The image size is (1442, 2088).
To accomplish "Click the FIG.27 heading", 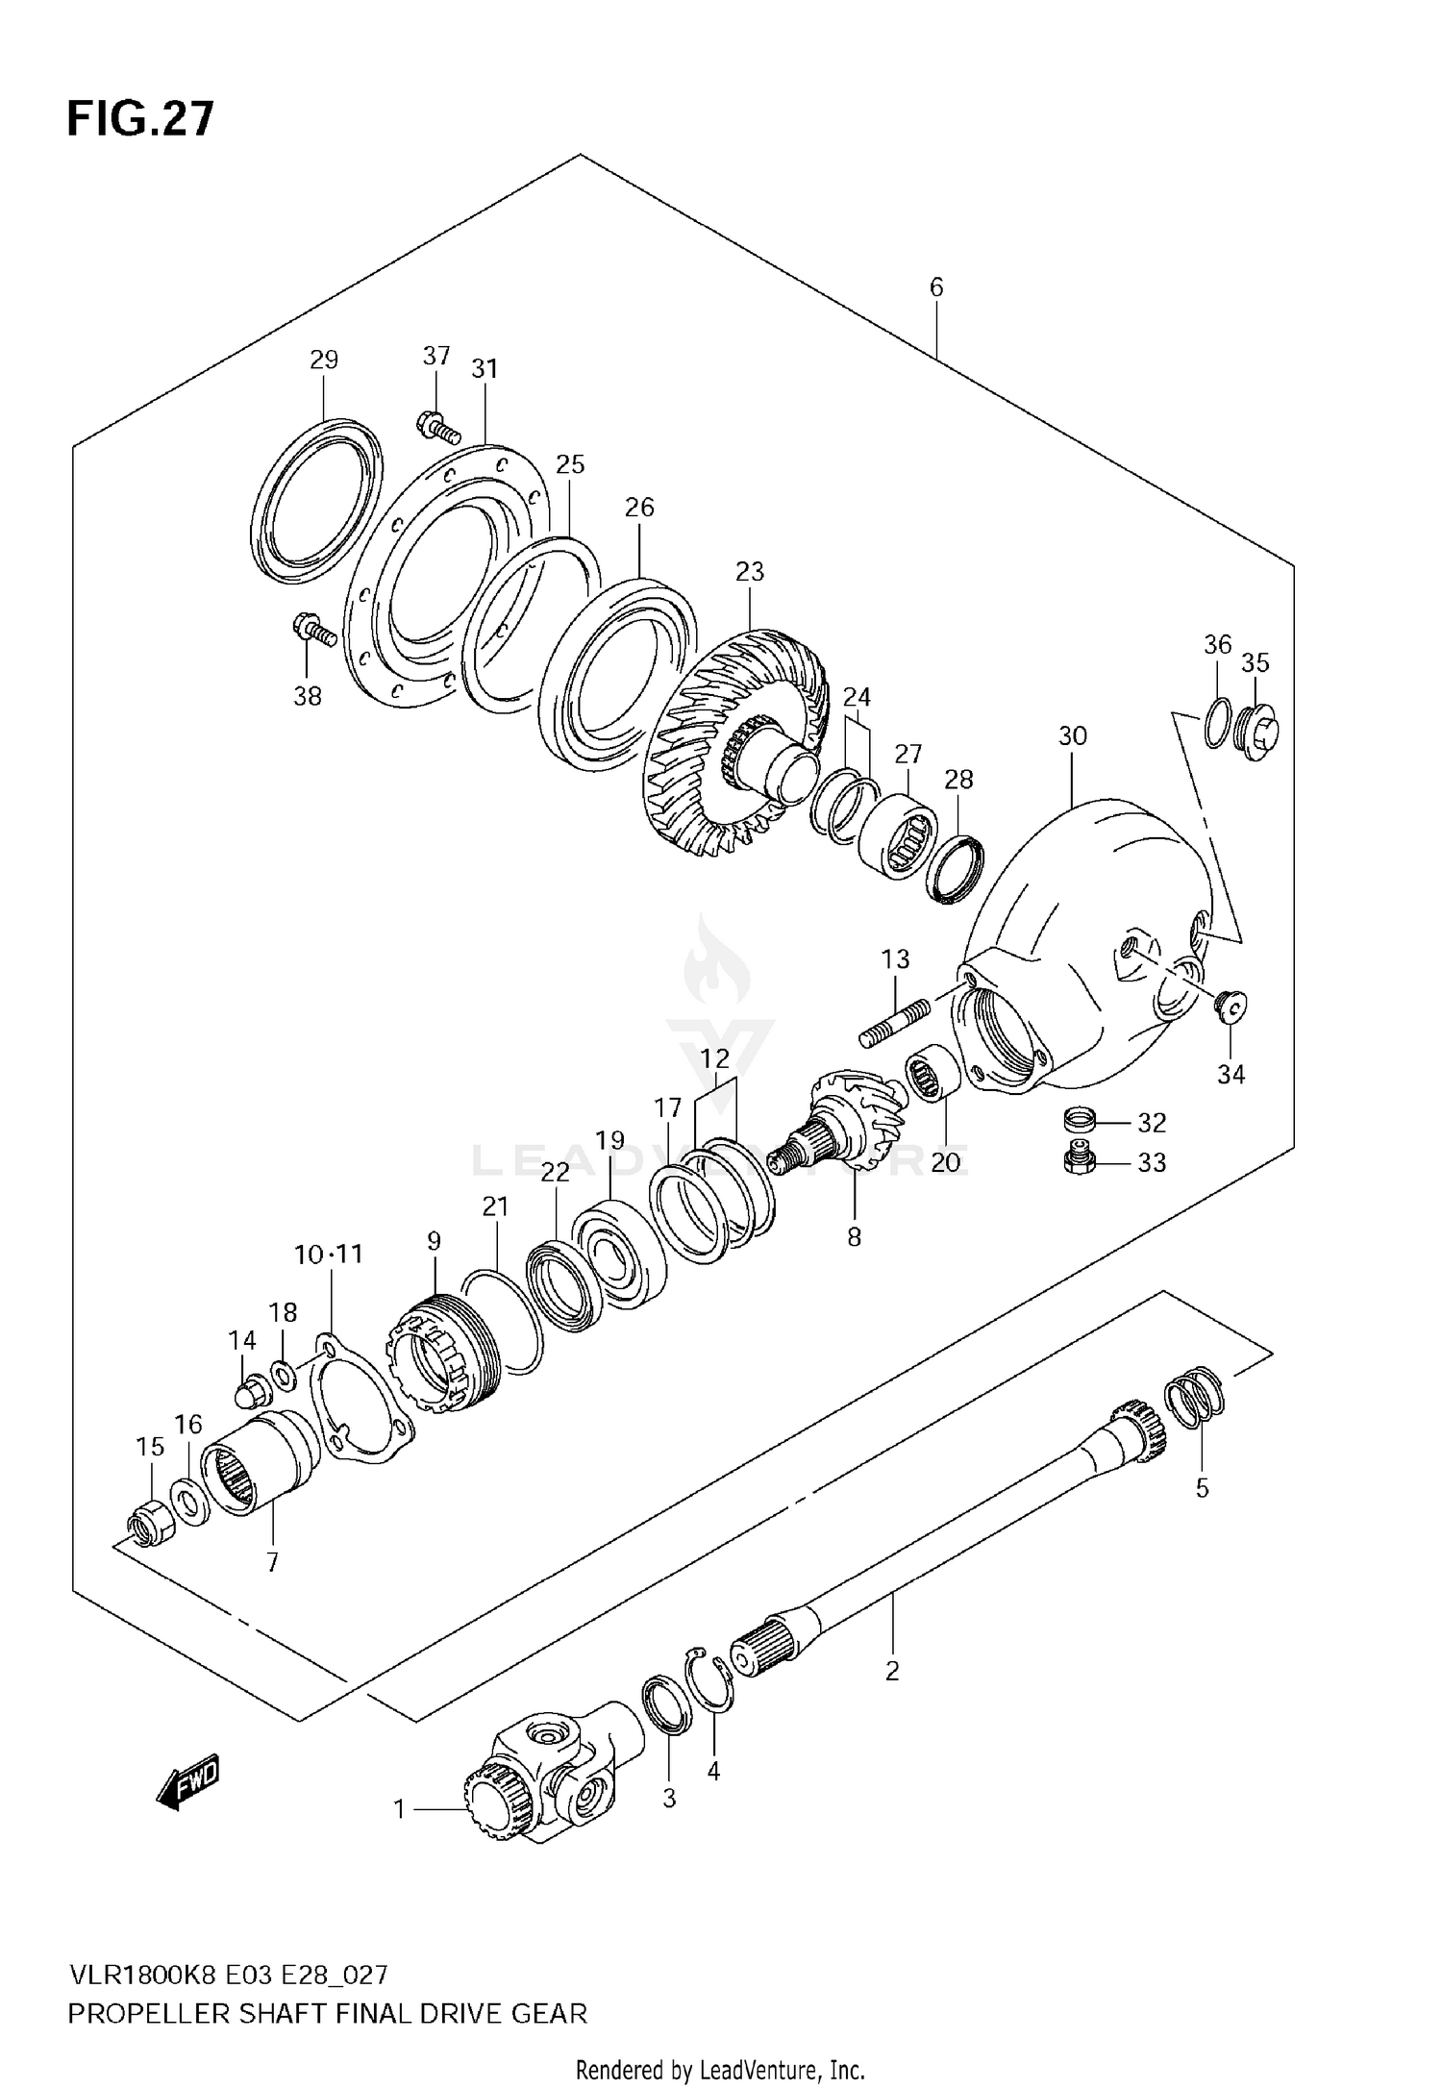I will pos(140,120).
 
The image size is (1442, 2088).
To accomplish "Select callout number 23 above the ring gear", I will pos(749,571).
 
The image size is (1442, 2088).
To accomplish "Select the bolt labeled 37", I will pos(437,424).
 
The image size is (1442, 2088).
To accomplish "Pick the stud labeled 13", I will pos(894,1024).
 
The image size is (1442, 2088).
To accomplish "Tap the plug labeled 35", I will pos(1256,734).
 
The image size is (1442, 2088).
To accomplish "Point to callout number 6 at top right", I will pos(936,286).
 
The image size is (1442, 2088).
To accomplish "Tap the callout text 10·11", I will pos(329,1254).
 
